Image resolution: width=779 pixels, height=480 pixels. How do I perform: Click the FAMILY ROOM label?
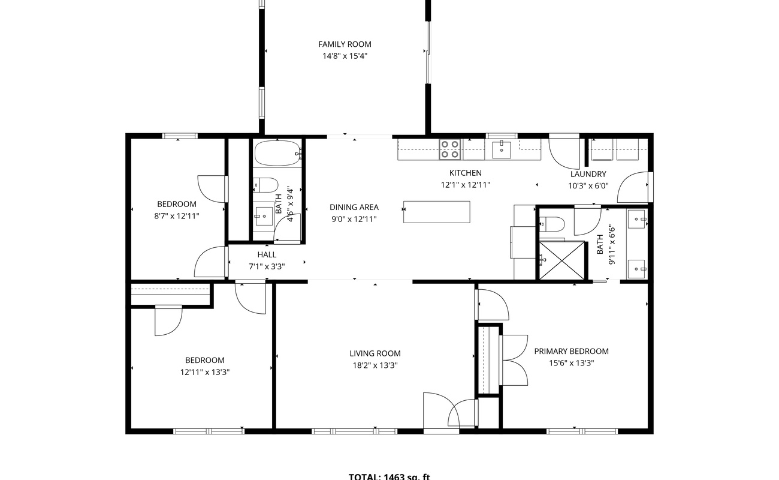[345, 44]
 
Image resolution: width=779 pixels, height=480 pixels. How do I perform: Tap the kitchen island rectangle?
[436, 212]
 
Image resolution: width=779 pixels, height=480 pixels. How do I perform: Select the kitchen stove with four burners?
[449, 149]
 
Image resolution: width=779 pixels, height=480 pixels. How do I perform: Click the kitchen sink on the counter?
[502, 149]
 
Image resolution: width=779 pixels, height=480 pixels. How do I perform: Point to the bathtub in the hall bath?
[276, 154]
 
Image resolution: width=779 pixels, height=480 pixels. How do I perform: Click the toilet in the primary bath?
[552, 224]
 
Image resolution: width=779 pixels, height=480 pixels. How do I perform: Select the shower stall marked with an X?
[561, 260]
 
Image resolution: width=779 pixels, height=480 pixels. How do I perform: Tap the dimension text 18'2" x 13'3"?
[375, 365]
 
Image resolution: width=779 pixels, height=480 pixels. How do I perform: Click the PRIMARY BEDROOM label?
[571, 351]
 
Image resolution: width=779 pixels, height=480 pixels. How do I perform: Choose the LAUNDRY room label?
[588, 174]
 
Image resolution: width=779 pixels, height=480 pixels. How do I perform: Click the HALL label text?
[267, 254]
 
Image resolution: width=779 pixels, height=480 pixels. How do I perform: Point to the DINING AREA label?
[354, 207]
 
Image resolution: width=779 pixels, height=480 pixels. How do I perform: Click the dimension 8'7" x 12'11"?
[177, 215]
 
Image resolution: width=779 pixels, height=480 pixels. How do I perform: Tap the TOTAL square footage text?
[389, 477]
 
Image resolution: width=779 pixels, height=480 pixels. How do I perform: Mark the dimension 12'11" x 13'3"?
[205, 372]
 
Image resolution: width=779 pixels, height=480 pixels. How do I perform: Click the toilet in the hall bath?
[265, 184]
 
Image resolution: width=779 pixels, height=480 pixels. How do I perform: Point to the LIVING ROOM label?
[375, 353]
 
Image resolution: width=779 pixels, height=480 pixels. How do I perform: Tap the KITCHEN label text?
[466, 173]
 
